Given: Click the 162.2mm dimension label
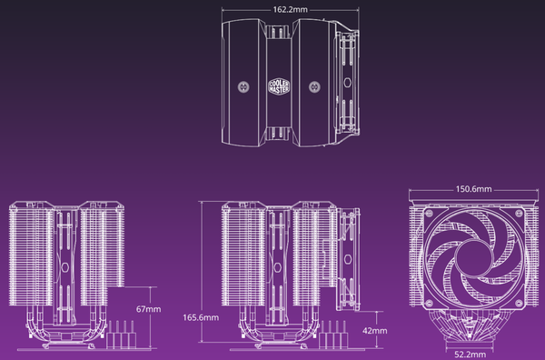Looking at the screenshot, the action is point(291,10).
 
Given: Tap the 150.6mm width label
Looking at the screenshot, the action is point(474,189).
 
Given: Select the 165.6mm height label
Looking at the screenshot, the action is point(201,317).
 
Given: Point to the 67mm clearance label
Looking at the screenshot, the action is point(148,309).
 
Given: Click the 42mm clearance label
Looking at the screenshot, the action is point(374,330).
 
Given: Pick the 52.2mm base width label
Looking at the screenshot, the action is point(471,355).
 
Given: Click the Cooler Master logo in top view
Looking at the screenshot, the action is point(279,86).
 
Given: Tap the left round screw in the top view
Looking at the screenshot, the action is point(243,86).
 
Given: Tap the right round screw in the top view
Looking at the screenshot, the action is point(314,86).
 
